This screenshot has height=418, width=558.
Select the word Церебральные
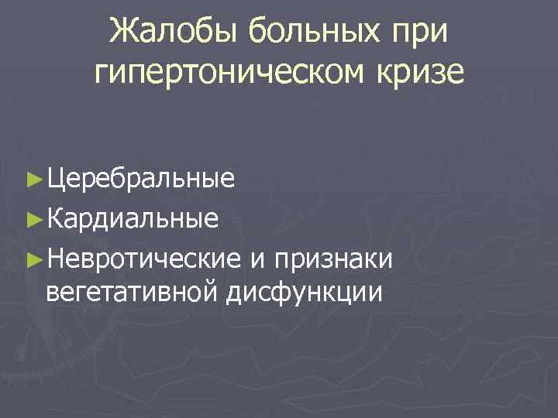(139, 180)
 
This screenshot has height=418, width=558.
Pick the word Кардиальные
(131, 218)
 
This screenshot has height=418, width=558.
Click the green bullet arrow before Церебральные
(33, 180)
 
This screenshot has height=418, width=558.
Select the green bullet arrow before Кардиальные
(33, 218)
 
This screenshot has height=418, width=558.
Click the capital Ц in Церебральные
(55, 180)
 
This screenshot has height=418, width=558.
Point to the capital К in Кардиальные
(54, 218)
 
